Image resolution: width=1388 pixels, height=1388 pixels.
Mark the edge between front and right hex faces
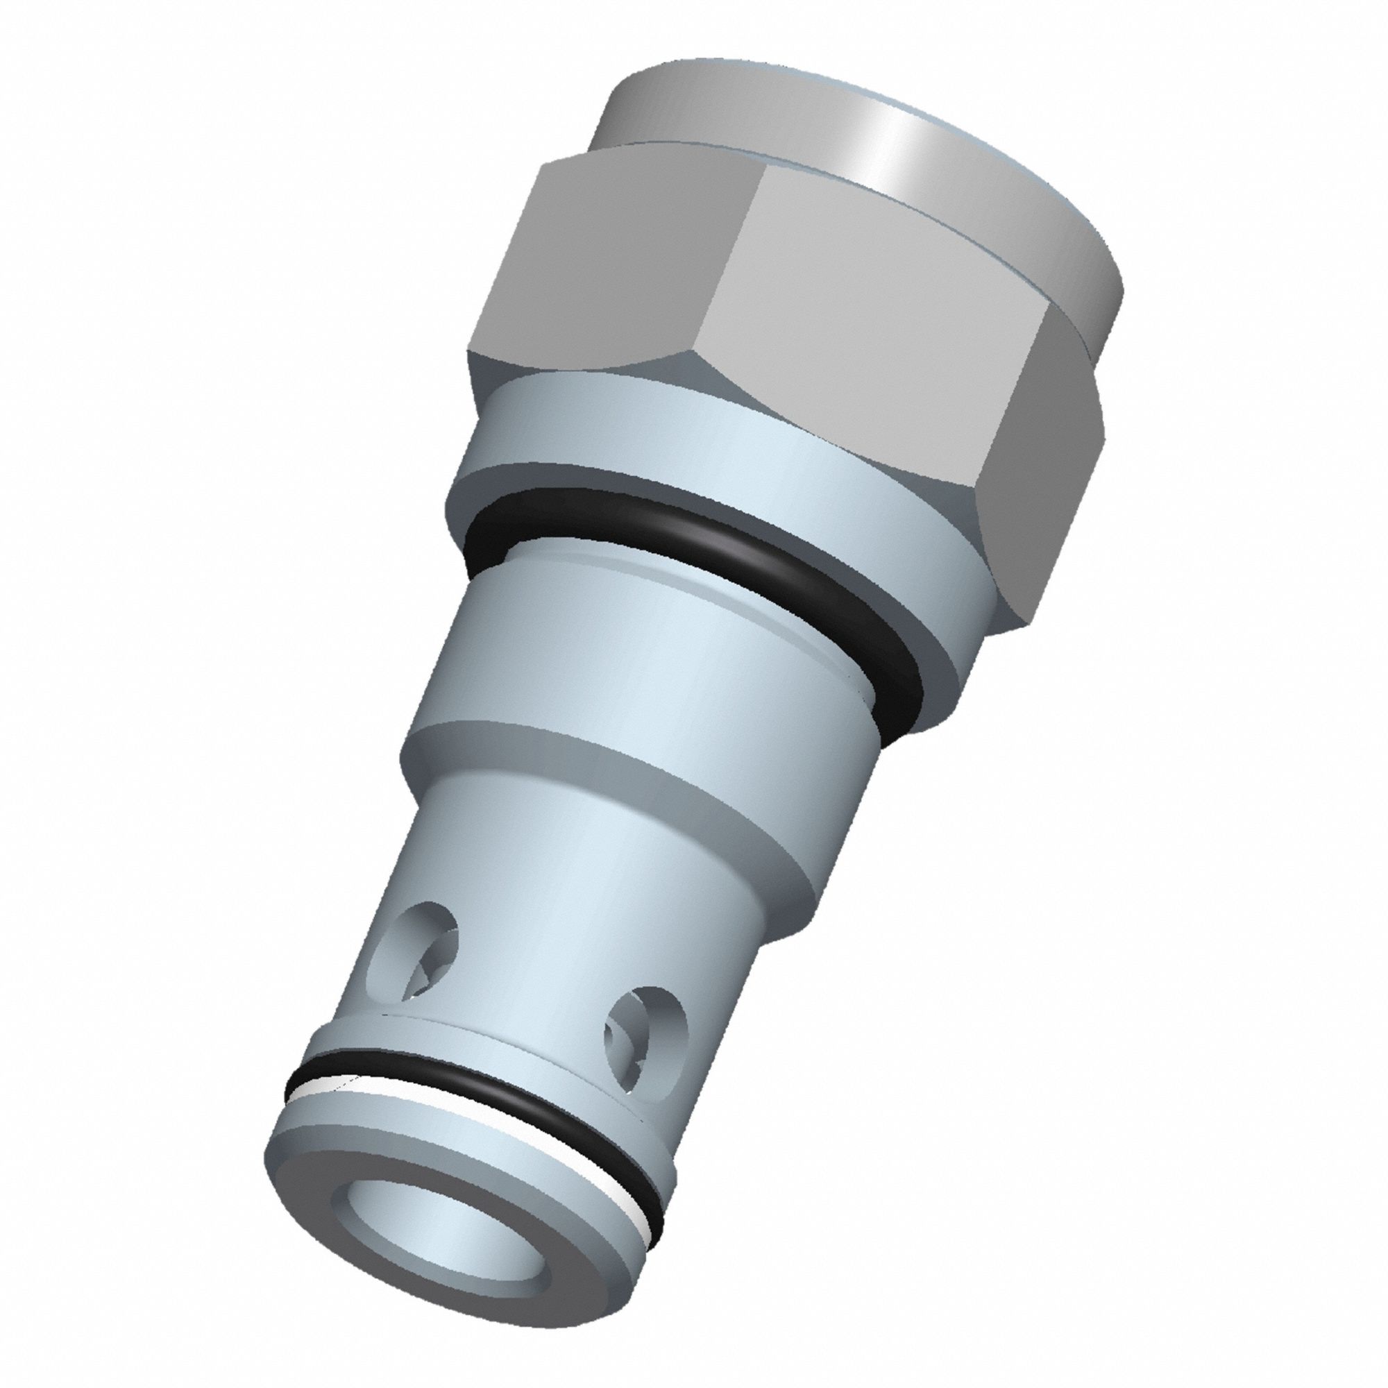(x=1006, y=403)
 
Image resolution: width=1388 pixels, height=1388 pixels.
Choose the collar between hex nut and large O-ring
(x=647, y=438)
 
